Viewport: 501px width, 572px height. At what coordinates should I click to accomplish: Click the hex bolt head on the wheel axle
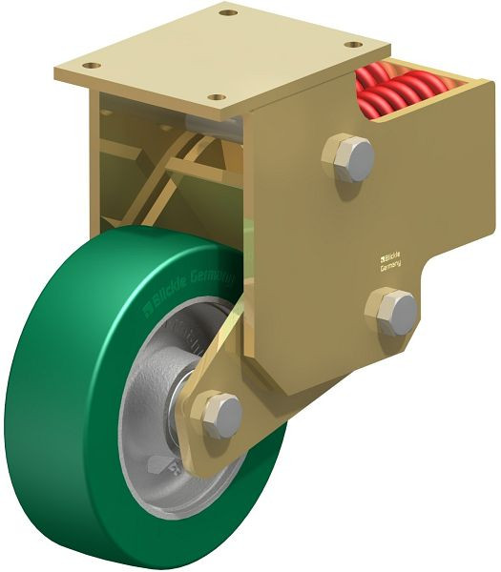(222, 415)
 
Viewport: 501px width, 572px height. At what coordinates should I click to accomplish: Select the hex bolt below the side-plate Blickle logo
(395, 312)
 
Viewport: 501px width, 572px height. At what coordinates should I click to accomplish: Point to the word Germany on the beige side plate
(391, 268)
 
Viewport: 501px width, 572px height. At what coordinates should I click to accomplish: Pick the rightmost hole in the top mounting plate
(356, 44)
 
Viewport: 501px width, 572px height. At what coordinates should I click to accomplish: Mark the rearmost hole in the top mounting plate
(226, 13)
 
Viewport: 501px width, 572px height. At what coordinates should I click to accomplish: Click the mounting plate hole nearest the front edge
(218, 97)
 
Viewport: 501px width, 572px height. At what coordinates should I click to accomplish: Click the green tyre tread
(57, 400)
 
